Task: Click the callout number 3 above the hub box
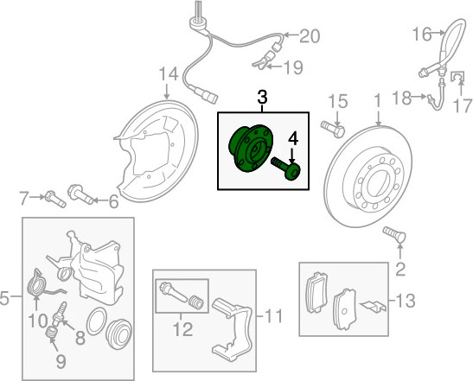point(262,97)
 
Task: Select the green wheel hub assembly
point(251,149)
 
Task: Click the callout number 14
point(169,74)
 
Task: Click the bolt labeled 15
point(333,129)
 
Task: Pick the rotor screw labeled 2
point(394,234)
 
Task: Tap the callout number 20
point(310,36)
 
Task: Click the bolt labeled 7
point(55,199)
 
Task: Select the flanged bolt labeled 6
point(80,194)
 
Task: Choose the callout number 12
point(183,329)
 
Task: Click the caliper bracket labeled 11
point(232,328)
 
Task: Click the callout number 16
point(422,34)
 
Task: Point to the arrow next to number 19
point(275,67)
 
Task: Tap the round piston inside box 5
point(119,333)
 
